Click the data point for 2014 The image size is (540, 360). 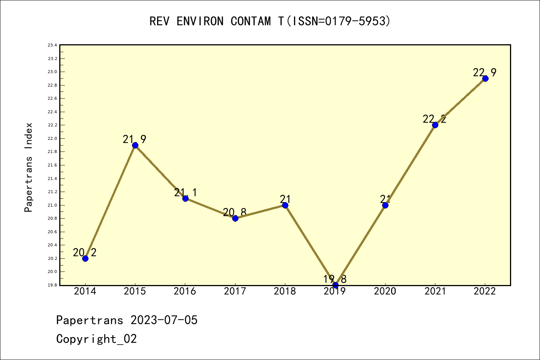coord(85,258)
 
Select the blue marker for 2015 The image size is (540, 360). coord(135,145)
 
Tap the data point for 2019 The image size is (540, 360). coord(335,285)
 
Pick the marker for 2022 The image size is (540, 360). coord(485,78)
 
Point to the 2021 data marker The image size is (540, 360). coord(435,125)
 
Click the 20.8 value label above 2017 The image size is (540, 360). coord(235,212)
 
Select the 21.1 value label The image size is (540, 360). coord(185,192)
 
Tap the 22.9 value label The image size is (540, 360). coord(484,72)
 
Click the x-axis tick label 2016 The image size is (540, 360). coord(185,291)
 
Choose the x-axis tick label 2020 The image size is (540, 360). coord(385,291)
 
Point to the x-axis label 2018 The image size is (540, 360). coord(285,291)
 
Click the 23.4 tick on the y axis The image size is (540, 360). coord(52,45)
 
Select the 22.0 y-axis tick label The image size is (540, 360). coord(52,139)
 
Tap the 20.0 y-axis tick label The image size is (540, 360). coord(52,272)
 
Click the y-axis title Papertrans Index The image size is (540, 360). coord(29,167)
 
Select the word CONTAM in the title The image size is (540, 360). coord(250,21)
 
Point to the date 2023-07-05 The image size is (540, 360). coord(164,320)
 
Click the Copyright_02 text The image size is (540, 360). coord(96,339)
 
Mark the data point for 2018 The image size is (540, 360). coord(285,205)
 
